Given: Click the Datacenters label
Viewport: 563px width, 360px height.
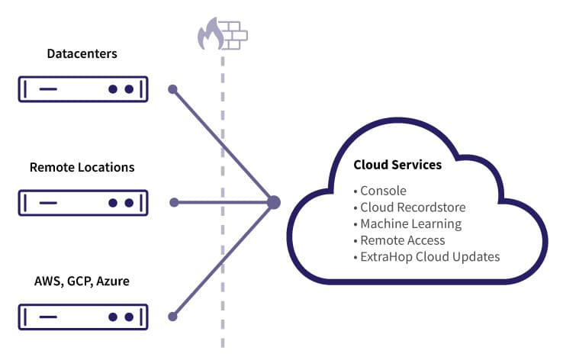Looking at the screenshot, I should pyautogui.click(x=82, y=54).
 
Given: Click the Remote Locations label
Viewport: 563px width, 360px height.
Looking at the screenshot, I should pyautogui.click(x=82, y=167).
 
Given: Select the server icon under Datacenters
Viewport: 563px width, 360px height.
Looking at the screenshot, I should pyautogui.click(x=83, y=89).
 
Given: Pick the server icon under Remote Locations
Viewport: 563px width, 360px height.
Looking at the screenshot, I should pyautogui.click(x=83, y=203).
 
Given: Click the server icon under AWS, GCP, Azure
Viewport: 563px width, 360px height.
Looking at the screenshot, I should pyautogui.click(x=83, y=316).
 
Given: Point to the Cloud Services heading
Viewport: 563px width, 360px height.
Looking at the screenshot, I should pyautogui.click(x=397, y=165).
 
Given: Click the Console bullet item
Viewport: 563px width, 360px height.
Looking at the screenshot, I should pyautogui.click(x=383, y=191).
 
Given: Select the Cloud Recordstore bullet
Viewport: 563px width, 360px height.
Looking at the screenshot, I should pyautogui.click(x=412, y=207).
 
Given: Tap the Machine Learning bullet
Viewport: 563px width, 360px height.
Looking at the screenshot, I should pyautogui.click(x=410, y=223).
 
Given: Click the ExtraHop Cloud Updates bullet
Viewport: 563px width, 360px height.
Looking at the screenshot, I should pyautogui.click(x=429, y=256).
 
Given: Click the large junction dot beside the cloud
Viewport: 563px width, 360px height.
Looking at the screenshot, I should pyautogui.click(x=274, y=202).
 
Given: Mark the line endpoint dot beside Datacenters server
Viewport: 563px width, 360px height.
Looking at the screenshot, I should pyautogui.click(x=173, y=89).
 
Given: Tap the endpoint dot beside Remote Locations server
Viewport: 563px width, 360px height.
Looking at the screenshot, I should pyautogui.click(x=174, y=202).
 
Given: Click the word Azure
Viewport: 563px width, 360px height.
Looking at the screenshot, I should pyautogui.click(x=112, y=281).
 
